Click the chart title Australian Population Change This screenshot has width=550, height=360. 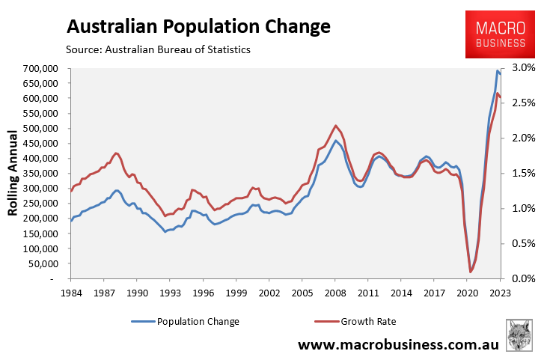pos(198,26)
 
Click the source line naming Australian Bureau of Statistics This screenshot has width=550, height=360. pos(158,49)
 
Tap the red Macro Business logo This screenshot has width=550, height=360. pos(500,34)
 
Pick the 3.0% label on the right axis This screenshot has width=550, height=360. pos(524,68)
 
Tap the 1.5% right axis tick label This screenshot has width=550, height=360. pos(524,173)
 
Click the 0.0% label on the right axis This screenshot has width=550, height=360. pos(524,278)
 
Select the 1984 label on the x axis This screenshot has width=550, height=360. pos(71,293)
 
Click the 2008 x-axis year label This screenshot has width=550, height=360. pos(335,293)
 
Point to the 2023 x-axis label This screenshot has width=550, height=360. pos(500,293)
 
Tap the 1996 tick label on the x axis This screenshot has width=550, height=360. pos(204,293)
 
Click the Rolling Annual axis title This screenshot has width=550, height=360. pos(13,173)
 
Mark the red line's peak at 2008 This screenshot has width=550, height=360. pos(336,125)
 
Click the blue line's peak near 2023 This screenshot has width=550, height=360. pos(498,70)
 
